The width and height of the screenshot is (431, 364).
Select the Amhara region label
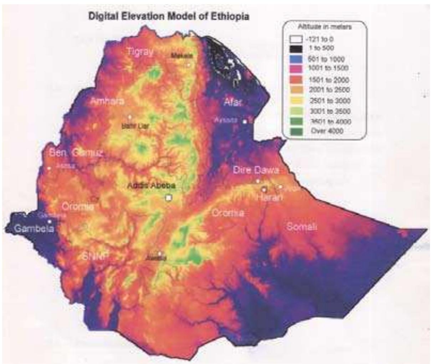tap(107, 101)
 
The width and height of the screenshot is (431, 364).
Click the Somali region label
tap(302, 227)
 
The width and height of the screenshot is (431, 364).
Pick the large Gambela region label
tap(34, 228)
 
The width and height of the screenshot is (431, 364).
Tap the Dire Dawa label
tap(256, 170)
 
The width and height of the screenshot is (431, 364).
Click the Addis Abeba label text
tap(153, 186)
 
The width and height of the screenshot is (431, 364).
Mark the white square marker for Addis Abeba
tap(169, 197)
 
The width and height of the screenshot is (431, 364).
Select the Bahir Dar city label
tap(132, 126)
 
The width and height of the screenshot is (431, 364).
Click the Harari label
tap(270, 197)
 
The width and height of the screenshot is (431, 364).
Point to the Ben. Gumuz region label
tap(76, 153)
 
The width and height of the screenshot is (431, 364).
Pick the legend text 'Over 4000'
tap(327, 131)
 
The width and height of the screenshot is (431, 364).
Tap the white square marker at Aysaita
tap(245, 122)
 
